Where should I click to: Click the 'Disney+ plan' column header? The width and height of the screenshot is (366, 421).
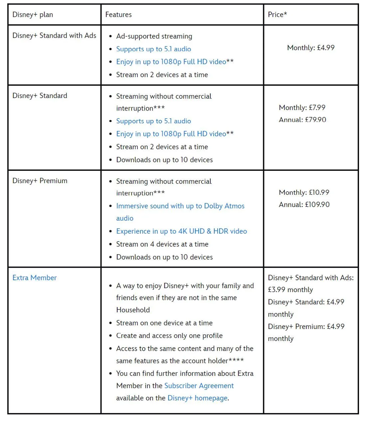click(x=33, y=15)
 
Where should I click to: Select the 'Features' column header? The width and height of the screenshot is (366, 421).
click(x=118, y=15)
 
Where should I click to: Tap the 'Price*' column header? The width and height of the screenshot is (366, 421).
click(x=277, y=15)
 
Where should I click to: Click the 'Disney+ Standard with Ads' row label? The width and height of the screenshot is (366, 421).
click(x=54, y=36)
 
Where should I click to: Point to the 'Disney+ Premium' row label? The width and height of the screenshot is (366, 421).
click(x=40, y=181)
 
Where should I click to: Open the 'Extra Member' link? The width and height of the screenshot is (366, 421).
click(x=35, y=278)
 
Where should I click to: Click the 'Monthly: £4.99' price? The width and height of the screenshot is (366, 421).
click(x=311, y=48)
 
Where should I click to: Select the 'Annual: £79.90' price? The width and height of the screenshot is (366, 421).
click(x=302, y=120)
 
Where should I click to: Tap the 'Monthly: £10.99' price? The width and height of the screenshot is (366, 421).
click(x=304, y=192)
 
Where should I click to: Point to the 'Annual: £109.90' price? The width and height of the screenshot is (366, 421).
click(x=304, y=205)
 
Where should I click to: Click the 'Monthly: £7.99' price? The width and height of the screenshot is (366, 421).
click(x=302, y=108)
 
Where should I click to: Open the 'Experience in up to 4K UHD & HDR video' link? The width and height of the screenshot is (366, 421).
click(x=181, y=231)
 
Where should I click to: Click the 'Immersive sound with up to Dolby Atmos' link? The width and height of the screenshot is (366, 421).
click(x=180, y=206)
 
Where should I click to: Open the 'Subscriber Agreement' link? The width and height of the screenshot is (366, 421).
click(x=199, y=386)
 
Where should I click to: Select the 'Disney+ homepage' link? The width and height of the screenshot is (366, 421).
click(x=198, y=398)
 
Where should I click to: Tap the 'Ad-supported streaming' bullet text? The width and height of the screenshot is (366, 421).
click(x=154, y=36)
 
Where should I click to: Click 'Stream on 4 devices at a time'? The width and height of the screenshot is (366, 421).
click(x=162, y=244)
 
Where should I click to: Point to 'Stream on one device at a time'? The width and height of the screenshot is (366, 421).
click(x=164, y=323)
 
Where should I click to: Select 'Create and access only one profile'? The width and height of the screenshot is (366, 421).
click(x=169, y=336)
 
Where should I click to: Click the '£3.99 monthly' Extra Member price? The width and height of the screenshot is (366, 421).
click(x=290, y=290)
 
